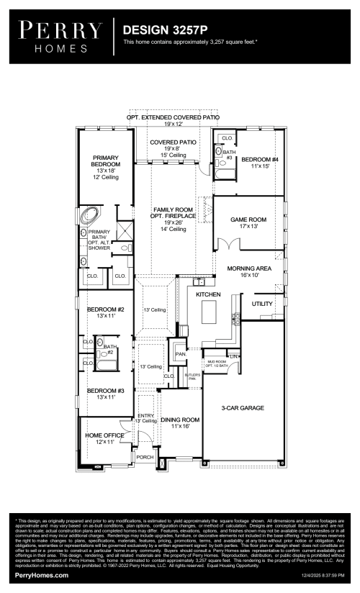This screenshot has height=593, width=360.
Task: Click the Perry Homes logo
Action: click(60, 37)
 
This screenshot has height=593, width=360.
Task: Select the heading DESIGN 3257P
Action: click(163, 31)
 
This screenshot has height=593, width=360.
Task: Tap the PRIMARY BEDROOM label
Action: click(105, 161)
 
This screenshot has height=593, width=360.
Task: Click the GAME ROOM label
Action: click(248, 219)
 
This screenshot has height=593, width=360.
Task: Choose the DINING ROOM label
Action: click(180, 420)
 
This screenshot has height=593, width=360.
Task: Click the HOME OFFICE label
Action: click(105, 435)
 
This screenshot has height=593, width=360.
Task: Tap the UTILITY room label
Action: click(262, 304)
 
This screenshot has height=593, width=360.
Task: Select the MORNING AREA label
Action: click(248, 268)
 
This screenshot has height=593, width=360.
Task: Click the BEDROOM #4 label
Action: click(259, 159)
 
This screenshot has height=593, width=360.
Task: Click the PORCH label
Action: click(145, 457)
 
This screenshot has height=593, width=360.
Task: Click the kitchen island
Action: click(210, 313)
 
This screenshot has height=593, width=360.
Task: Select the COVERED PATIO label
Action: click(173, 142)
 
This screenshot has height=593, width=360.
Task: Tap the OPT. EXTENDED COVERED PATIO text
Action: click(173, 117)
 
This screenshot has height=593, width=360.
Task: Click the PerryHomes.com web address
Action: click(42, 575)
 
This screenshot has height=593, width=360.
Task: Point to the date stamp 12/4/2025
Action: click(320, 576)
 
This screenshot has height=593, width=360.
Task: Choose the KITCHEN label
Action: click(209, 294)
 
